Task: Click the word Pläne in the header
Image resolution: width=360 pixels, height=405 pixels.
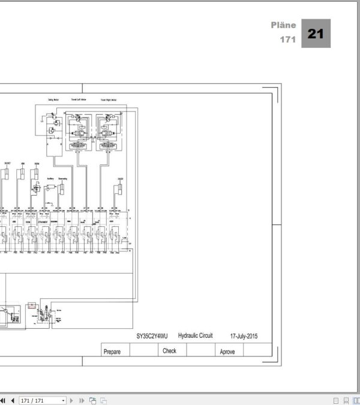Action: click(x=283, y=26)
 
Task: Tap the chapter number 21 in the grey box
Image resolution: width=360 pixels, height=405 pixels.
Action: click(x=316, y=34)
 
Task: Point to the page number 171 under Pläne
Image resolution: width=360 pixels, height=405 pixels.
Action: click(x=288, y=40)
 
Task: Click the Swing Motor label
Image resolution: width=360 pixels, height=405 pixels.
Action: click(x=52, y=100)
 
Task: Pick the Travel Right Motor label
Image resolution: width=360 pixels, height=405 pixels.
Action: click(x=108, y=100)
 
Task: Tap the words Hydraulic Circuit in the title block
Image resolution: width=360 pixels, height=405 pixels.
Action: click(x=196, y=336)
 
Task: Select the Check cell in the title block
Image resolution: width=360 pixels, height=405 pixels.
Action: click(x=170, y=351)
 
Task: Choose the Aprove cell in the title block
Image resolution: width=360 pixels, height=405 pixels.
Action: click(x=227, y=352)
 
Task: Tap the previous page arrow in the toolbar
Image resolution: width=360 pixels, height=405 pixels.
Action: click(x=12, y=400)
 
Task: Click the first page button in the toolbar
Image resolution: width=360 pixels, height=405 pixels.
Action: click(x=4, y=400)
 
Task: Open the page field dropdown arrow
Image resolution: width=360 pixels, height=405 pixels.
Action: click(x=63, y=400)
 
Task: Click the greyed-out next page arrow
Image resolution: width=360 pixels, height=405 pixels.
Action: click(x=72, y=400)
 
